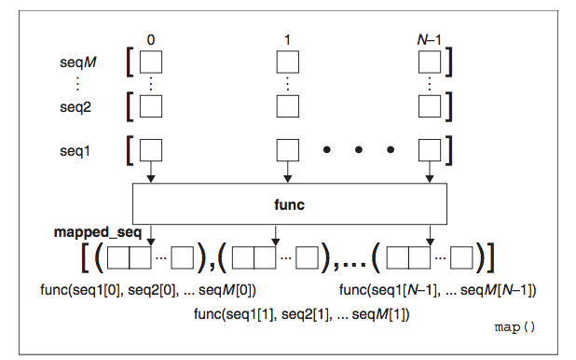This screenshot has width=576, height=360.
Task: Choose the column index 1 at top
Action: [x=288, y=38]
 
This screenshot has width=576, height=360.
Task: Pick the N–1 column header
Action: [x=430, y=38]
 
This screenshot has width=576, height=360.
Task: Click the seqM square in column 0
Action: [x=151, y=62]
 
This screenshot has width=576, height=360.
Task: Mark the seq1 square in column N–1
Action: [x=429, y=149]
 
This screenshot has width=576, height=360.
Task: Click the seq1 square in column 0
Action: [x=151, y=149]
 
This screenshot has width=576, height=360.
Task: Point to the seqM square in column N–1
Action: [x=429, y=62]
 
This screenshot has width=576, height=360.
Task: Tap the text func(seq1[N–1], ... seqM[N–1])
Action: [x=436, y=290]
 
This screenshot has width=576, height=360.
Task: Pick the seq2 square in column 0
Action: [x=151, y=105]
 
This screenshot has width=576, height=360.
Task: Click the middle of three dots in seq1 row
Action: [x=360, y=149]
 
